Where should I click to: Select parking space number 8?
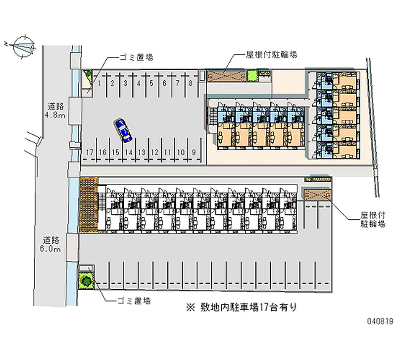190,84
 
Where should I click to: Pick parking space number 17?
90,152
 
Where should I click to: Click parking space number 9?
194,152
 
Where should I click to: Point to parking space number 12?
154,152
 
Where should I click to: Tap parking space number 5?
151,84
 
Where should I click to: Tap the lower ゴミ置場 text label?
134,301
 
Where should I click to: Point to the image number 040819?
379,321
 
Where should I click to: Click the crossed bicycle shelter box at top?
226,76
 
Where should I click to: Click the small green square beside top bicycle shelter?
251,75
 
